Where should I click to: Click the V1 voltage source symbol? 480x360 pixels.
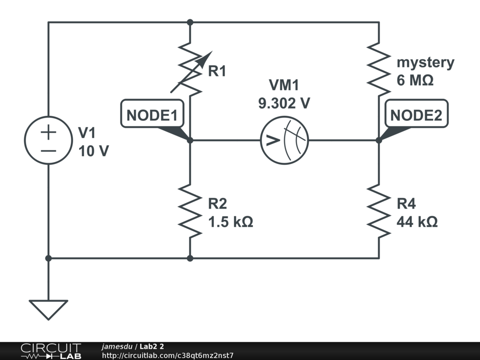(x=48, y=140)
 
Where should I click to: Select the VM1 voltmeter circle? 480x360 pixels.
(x=284, y=140)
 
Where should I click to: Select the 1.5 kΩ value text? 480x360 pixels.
(x=231, y=221)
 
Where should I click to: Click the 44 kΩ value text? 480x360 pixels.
(x=417, y=221)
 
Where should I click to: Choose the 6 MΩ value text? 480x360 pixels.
(x=415, y=80)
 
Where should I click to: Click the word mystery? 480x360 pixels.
(x=426, y=62)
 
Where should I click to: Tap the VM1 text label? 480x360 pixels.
(x=284, y=85)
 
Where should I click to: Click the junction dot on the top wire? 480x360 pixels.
(x=190, y=22)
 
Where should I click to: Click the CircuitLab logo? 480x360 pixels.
(x=50, y=351)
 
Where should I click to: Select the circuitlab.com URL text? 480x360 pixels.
(x=167, y=355)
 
